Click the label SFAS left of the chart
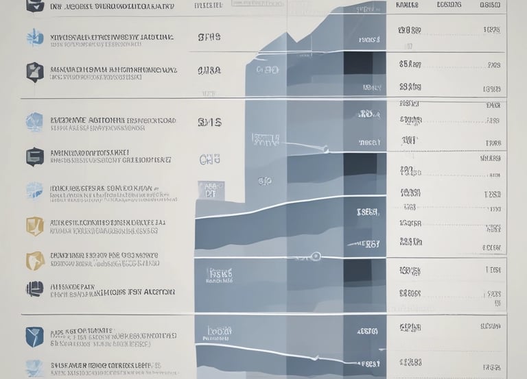209,37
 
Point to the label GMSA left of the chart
209,71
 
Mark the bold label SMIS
209,123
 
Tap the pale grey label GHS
209,160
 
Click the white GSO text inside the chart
266,70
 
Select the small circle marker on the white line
315,256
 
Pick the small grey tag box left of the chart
211,190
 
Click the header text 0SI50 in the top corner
490,5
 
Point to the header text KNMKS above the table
408,5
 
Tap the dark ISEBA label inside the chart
368,212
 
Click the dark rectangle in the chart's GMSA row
358,63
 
